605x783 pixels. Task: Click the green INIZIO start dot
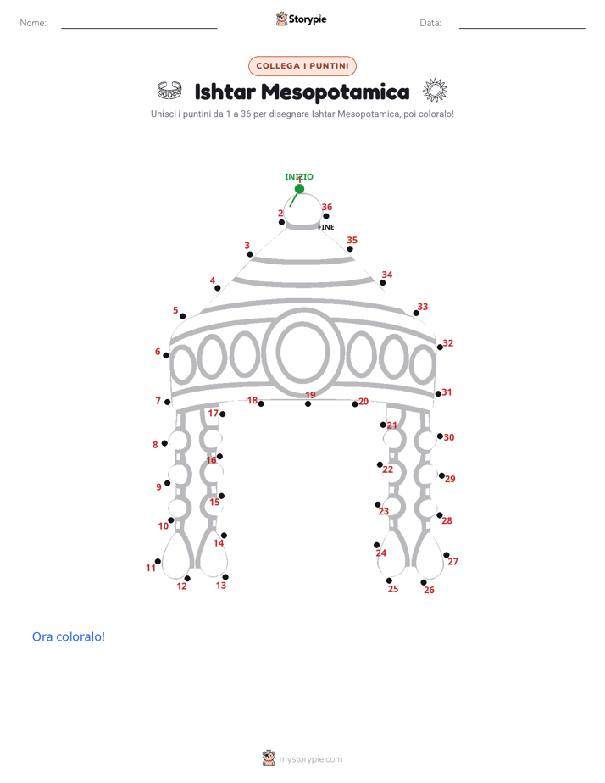pyautogui.click(x=299, y=189)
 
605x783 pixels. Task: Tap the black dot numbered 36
pyautogui.click(x=326, y=216)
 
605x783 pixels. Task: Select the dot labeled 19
pyautogui.click(x=308, y=404)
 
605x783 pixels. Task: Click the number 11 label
pyautogui.click(x=150, y=568)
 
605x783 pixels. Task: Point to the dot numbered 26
pyautogui.click(x=424, y=582)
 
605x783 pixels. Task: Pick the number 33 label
pyautogui.click(x=423, y=307)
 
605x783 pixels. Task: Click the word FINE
pyautogui.click(x=326, y=227)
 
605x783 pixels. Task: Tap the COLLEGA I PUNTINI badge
pyautogui.click(x=302, y=66)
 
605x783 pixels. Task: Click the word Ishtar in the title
pyautogui.click(x=225, y=92)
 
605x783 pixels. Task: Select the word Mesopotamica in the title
pyautogui.click(x=336, y=92)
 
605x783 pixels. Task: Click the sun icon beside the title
pyautogui.click(x=435, y=91)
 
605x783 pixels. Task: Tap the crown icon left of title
pyautogui.click(x=169, y=91)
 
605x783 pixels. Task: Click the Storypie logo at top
pyautogui.click(x=302, y=19)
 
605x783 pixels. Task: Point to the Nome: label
pyautogui.click(x=33, y=23)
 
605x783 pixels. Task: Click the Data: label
pyautogui.click(x=430, y=23)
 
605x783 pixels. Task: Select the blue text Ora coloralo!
pyautogui.click(x=69, y=636)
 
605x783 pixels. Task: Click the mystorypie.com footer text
pyautogui.click(x=310, y=759)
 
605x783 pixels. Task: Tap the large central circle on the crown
pyautogui.click(x=303, y=352)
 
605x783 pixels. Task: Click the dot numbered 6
pyautogui.click(x=166, y=355)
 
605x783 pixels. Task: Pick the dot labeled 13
pyautogui.click(x=225, y=577)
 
